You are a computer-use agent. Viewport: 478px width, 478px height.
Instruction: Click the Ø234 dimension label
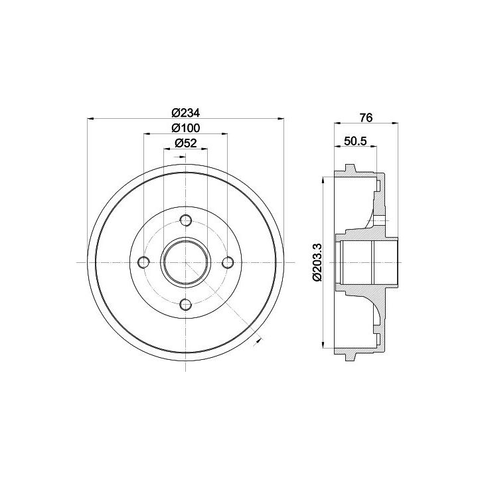(x=186, y=113)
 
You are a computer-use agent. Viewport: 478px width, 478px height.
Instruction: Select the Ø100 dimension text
(x=186, y=128)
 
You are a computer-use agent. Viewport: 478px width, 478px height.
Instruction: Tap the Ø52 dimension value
(x=186, y=143)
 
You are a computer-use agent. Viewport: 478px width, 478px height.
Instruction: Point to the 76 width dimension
(x=366, y=118)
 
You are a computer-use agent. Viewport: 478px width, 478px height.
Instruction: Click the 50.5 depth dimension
(x=355, y=141)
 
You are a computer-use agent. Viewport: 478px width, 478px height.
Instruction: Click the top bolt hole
(x=186, y=220)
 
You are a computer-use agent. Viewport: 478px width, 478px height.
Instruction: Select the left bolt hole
(x=143, y=262)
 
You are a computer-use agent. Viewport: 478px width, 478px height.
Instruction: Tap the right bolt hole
(x=228, y=262)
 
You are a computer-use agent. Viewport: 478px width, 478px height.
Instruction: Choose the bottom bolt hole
(x=186, y=304)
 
